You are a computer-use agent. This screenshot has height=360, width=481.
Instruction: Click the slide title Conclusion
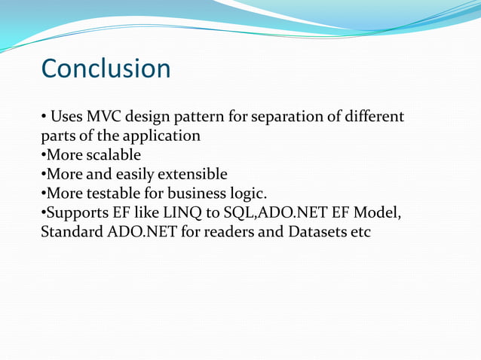[x=106, y=69]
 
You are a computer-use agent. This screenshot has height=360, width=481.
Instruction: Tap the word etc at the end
[x=360, y=232]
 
